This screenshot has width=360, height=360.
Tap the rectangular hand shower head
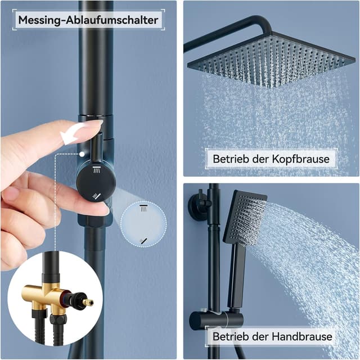245,216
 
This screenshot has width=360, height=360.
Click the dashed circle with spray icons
143,224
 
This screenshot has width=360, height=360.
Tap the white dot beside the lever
83,152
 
